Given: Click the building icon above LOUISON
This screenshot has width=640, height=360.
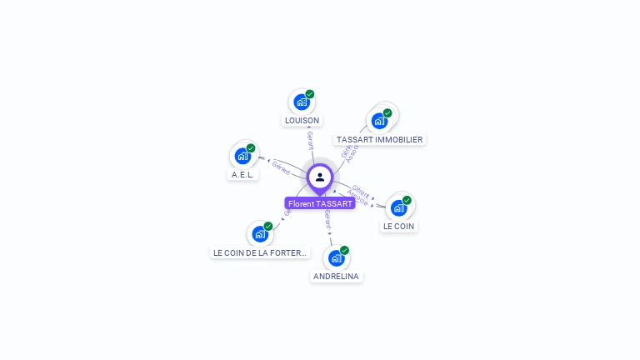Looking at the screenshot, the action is coord(301,102).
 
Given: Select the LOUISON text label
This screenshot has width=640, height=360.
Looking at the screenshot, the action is coord(302,121).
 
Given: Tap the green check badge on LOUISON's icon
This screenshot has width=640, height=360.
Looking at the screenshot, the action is coord(310,94).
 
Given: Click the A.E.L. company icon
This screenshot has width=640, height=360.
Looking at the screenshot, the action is coord(242,156).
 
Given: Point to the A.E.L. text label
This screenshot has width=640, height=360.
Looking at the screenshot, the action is coord(242,175).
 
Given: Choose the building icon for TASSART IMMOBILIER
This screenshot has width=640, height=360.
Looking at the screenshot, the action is coord(379,121).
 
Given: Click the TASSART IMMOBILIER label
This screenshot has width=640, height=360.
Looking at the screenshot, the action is coord(379,140).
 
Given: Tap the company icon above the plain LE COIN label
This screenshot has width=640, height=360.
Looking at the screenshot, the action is coord(398,207).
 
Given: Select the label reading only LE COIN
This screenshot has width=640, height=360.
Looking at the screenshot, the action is coord(398,226).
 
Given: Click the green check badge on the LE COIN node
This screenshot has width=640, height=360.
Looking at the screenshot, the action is coord(407,200).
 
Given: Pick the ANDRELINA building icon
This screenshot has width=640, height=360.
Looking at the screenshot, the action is coord(336,258).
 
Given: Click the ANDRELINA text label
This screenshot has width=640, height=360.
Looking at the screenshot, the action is coord(336,276).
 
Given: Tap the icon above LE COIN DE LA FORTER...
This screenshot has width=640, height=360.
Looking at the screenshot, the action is coord(259,234).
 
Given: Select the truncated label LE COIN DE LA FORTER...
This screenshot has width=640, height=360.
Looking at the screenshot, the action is coord(260,252).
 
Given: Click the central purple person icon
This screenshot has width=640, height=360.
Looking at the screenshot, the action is coord(320,177).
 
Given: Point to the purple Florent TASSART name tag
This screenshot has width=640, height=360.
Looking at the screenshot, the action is coord(320,203).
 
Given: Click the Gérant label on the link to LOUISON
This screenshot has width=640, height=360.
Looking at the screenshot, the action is coord(310,139).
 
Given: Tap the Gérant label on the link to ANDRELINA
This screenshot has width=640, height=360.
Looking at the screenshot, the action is coord(327,219).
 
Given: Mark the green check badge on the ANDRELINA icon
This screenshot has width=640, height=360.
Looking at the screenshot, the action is coord(344,250).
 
